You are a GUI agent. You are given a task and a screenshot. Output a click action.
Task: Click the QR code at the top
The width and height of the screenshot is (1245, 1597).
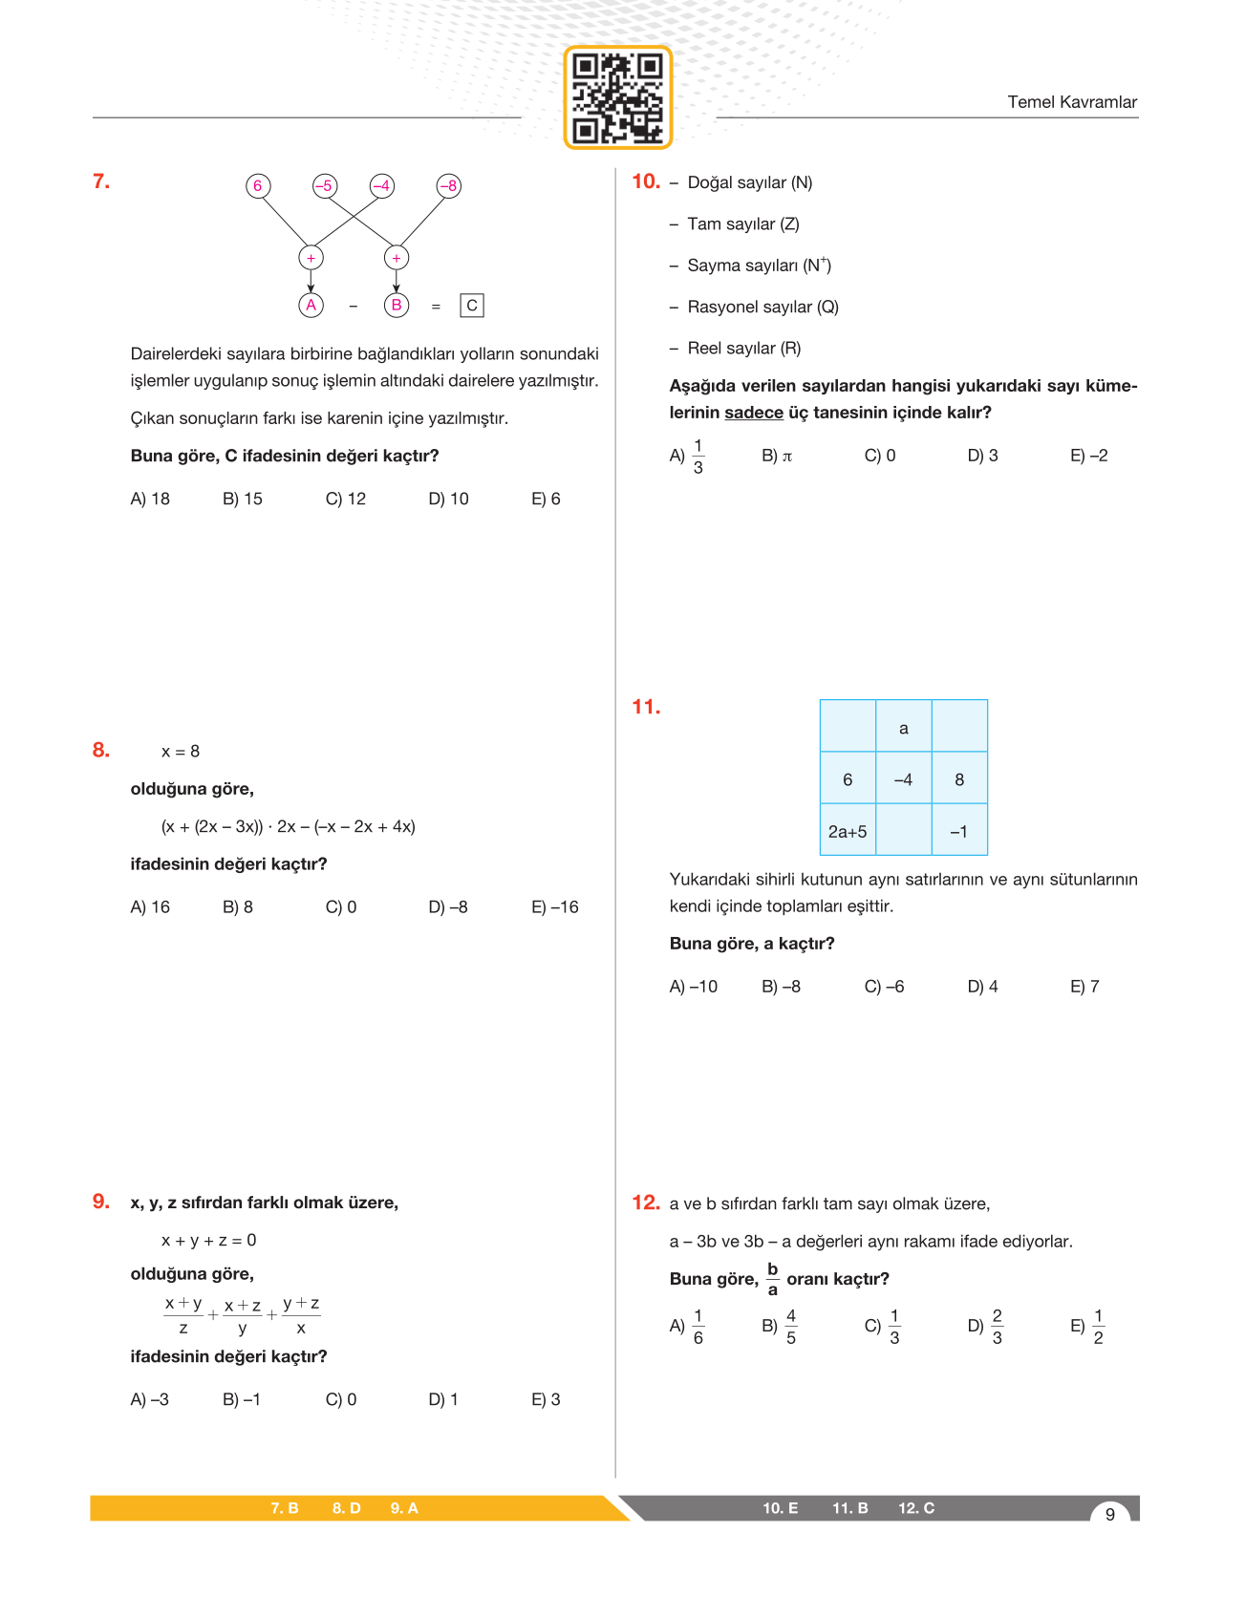(x=618, y=97)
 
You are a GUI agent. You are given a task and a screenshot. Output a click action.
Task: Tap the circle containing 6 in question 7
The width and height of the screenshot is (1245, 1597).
(x=257, y=185)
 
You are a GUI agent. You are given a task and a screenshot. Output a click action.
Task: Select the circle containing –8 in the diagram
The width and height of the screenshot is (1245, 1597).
(x=448, y=185)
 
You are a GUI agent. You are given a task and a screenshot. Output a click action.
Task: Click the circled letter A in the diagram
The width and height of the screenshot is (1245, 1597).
(x=311, y=306)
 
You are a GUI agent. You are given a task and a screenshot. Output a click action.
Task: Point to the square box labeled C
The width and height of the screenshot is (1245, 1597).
(x=472, y=306)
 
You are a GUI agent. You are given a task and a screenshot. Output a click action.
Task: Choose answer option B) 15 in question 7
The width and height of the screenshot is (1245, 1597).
(x=243, y=499)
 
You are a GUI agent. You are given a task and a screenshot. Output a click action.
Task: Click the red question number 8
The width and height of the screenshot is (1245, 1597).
(x=101, y=750)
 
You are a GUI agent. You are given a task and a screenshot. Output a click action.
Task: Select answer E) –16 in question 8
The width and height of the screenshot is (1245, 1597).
(x=555, y=907)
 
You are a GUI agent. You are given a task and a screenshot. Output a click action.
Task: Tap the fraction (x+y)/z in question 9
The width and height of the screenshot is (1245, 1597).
(x=183, y=1315)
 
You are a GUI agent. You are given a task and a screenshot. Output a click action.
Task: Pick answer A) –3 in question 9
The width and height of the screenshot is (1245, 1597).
(x=150, y=1399)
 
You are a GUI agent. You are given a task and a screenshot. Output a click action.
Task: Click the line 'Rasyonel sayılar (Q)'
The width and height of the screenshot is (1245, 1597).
(x=762, y=307)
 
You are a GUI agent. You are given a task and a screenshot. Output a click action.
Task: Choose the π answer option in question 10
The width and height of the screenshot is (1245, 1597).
(x=778, y=457)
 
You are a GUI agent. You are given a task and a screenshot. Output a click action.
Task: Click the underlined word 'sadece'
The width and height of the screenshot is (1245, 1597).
(x=754, y=413)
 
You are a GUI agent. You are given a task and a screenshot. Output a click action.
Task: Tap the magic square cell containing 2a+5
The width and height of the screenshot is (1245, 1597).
(x=848, y=831)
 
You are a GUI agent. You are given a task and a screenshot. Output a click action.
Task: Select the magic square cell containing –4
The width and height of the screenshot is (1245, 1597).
(x=903, y=779)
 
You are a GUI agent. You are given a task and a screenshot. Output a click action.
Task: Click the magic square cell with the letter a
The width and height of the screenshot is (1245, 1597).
(x=903, y=728)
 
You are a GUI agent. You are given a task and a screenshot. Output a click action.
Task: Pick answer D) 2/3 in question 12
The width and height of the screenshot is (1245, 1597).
(x=986, y=1327)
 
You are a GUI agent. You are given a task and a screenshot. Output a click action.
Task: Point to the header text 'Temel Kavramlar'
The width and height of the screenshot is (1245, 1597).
(x=1072, y=102)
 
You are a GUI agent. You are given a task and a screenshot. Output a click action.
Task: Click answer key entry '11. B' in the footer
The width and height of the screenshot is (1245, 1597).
(x=849, y=1508)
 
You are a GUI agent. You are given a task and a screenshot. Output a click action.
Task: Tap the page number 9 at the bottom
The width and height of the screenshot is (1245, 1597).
(x=1109, y=1514)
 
